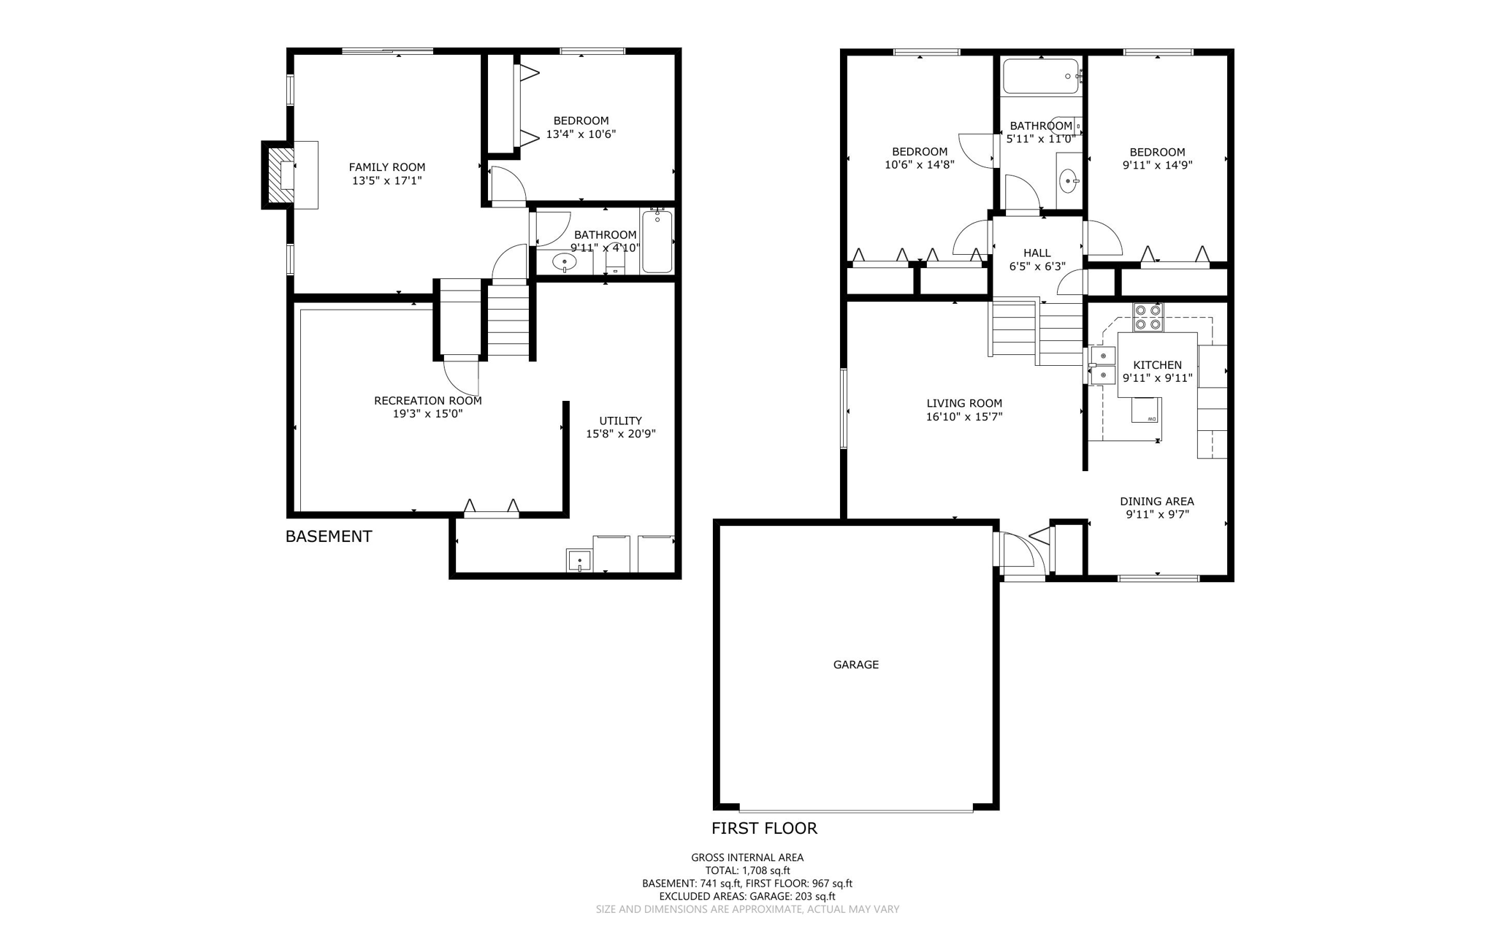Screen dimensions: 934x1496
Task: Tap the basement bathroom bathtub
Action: pyautogui.click(x=657, y=242)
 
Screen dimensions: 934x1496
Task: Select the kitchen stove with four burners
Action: pyautogui.click(x=1147, y=318)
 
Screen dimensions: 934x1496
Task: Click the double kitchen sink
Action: pyautogui.click(x=1102, y=366)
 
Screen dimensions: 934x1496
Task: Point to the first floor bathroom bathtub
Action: pyautogui.click(x=1040, y=76)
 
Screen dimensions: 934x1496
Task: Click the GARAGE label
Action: pyautogui.click(x=855, y=665)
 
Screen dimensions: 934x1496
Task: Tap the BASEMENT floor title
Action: pyautogui.click(x=328, y=537)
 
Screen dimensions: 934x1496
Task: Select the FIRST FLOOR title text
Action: pyautogui.click(x=764, y=828)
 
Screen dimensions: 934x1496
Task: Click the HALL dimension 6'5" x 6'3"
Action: pyautogui.click(x=1037, y=267)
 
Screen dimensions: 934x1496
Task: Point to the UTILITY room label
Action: pyautogui.click(x=620, y=421)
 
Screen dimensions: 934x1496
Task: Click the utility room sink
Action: pyautogui.click(x=579, y=561)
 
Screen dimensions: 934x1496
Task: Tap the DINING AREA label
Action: pyautogui.click(x=1156, y=501)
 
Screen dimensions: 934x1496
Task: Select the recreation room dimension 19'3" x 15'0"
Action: pyautogui.click(x=427, y=414)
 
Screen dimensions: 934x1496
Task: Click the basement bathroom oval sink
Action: pyautogui.click(x=564, y=261)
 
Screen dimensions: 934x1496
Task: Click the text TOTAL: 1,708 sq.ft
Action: pyautogui.click(x=747, y=870)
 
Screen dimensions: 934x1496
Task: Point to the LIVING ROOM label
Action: pyautogui.click(x=963, y=403)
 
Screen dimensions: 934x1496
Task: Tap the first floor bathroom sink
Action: pyautogui.click(x=1069, y=180)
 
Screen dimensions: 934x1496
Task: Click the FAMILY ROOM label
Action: pyautogui.click(x=386, y=167)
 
